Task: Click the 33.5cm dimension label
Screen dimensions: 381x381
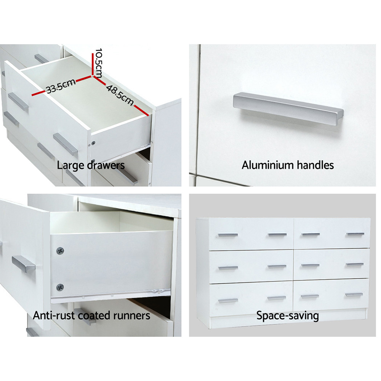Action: (60, 87)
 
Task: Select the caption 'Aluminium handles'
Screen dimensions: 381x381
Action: (288, 165)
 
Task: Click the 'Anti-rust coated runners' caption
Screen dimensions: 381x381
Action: (91, 315)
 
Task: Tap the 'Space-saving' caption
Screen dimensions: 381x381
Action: (287, 315)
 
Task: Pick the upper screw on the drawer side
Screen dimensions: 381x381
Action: (60, 251)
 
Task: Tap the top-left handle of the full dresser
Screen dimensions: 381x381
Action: (228, 235)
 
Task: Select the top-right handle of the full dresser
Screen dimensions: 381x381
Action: (355, 234)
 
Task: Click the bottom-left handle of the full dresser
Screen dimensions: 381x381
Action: (228, 301)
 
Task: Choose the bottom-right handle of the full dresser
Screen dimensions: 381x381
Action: (354, 295)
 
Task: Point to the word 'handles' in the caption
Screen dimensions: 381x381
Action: (314, 165)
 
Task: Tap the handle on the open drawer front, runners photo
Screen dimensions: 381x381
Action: (23, 264)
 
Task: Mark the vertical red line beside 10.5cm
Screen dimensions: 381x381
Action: (93, 64)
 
